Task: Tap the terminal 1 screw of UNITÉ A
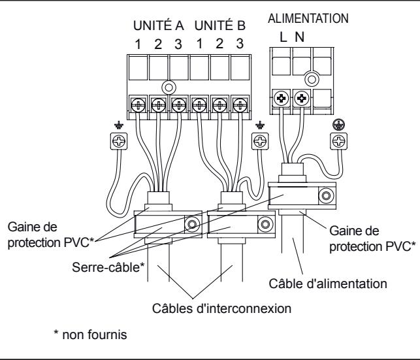tap(139, 104)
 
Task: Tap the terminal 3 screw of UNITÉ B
tap(240, 104)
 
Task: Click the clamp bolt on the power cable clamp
tap(323, 195)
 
